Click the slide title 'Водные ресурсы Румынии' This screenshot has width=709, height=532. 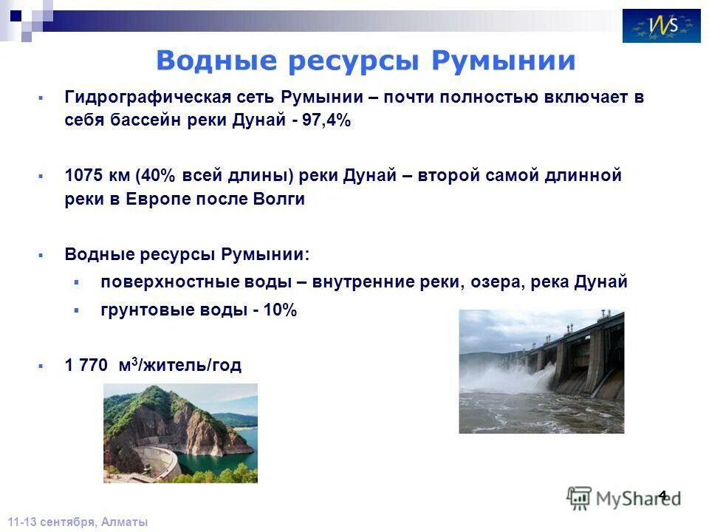click(365, 61)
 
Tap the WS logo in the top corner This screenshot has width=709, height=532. click(661, 26)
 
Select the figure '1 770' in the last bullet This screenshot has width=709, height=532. click(86, 365)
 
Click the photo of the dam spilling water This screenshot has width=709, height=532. click(541, 371)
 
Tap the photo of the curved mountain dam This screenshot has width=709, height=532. click(180, 433)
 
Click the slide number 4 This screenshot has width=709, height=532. click(662, 496)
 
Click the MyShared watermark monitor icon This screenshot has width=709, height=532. click(579, 498)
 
